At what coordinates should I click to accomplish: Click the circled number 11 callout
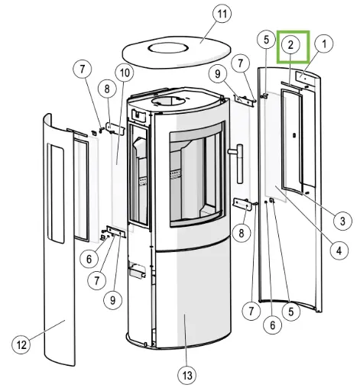click(x=222, y=14)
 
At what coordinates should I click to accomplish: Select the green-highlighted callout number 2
click(x=290, y=45)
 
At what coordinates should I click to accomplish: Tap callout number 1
click(x=324, y=44)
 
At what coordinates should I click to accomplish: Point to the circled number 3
click(x=342, y=221)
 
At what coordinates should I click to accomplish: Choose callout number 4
click(x=339, y=250)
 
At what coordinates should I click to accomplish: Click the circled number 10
click(x=125, y=73)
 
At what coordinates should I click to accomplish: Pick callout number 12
click(x=21, y=345)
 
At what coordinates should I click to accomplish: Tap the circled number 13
click(x=187, y=375)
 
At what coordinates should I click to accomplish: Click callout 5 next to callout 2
click(x=266, y=40)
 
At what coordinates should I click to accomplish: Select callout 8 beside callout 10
click(x=107, y=89)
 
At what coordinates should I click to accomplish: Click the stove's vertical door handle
click(x=239, y=163)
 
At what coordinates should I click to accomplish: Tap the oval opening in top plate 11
click(x=168, y=47)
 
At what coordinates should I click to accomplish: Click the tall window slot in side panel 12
click(x=55, y=193)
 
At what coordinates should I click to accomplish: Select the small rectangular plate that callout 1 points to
click(x=305, y=79)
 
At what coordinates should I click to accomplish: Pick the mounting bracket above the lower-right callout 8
click(x=242, y=204)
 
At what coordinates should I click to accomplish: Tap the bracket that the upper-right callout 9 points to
click(x=244, y=100)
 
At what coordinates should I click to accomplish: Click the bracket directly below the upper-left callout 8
click(x=115, y=129)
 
